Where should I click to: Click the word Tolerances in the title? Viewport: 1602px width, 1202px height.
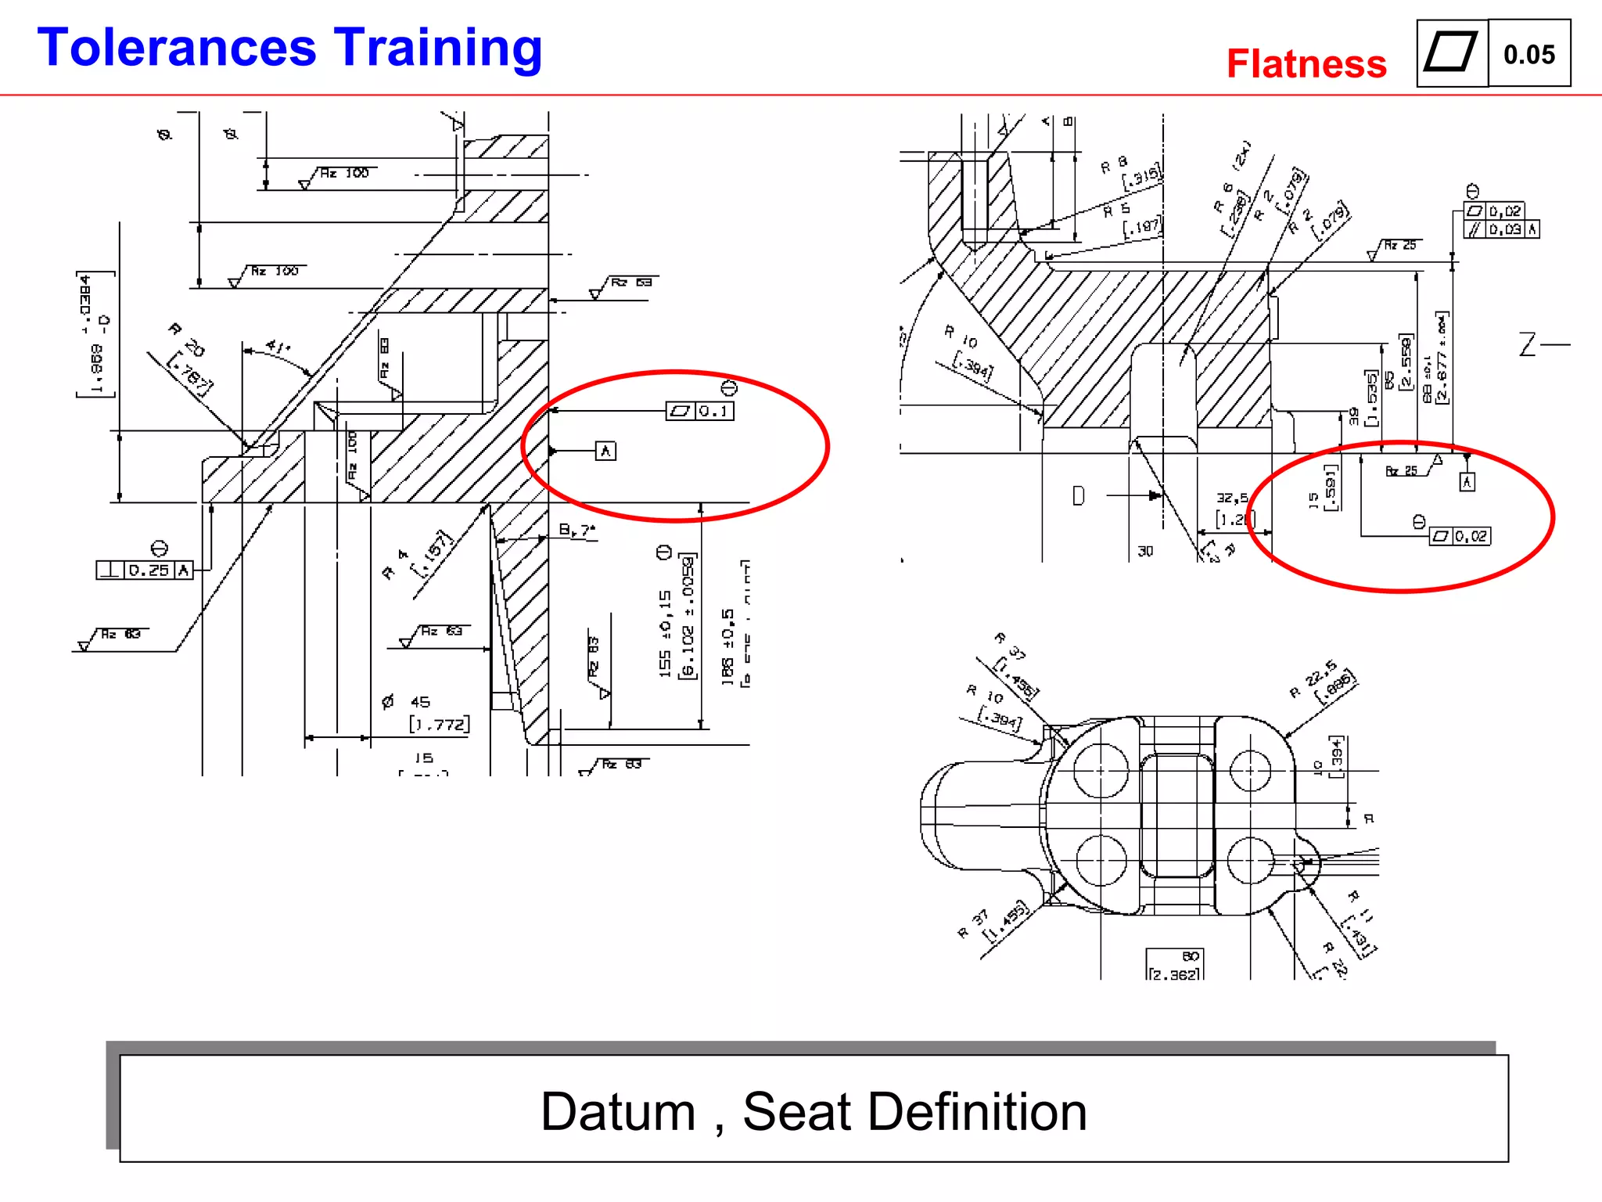click(x=177, y=49)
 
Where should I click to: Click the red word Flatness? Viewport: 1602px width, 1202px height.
click(x=1306, y=64)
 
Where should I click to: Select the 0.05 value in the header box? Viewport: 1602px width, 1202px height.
click(x=1528, y=55)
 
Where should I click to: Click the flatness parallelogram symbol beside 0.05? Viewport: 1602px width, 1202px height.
click(x=1451, y=53)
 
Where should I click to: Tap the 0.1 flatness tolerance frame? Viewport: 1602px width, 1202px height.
click(x=699, y=411)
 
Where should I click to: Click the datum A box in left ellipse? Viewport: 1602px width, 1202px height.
click(x=605, y=451)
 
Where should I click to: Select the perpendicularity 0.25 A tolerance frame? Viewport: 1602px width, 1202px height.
click(x=145, y=570)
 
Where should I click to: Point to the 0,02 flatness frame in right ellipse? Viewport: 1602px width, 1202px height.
click(x=1460, y=536)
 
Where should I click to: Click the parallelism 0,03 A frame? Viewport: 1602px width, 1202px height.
click(x=1501, y=229)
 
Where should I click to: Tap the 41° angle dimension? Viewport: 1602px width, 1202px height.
click(x=278, y=346)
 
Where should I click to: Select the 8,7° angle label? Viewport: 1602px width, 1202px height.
click(x=577, y=531)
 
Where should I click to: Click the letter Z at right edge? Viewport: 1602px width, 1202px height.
click(x=1528, y=344)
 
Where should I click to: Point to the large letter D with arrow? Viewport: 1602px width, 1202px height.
click(x=1079, y=495)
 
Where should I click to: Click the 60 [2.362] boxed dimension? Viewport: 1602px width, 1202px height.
click(x=1175, y=965)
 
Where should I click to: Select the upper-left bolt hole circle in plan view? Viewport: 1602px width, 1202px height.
click(x=1101, y=770)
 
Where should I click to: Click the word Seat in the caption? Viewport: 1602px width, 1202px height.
click(x=796, y=1111)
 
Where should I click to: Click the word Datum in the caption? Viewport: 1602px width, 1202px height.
click(x=618, y=1111)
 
